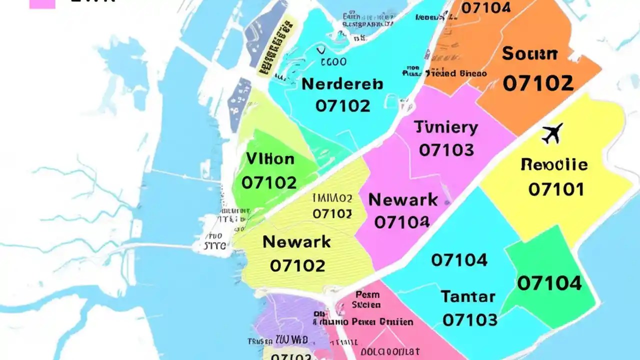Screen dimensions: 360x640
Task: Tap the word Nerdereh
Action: coord(342,84)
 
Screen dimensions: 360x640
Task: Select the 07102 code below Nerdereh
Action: coord(343,106)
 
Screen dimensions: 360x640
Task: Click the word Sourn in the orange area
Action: coord(529,53)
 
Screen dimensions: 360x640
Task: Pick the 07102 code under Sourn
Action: coord(538,83)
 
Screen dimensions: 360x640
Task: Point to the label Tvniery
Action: coord(446,127)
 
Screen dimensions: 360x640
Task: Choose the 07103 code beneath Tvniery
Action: coord(446,150)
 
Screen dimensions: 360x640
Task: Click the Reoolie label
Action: coord(554,164)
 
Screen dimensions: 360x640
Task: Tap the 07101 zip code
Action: coord(556,189)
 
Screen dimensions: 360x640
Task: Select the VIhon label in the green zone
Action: coord(270,159)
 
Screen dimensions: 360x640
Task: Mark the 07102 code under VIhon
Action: coord(269,183)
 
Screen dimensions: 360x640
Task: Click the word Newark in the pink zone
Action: coord(403,200)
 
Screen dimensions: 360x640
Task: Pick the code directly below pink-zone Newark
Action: coord(401,222)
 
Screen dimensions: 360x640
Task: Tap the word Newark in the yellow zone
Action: coord(296,242)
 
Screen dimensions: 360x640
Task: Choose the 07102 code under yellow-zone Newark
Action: coord(297,265)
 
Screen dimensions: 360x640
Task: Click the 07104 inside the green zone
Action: coord(549,284)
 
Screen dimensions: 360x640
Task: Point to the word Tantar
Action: coord(468,297)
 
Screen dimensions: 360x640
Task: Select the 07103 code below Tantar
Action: coord(470,319)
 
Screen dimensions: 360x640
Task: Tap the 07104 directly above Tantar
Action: coord(459,260)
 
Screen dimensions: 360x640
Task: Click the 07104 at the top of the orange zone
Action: coord(485,8)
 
